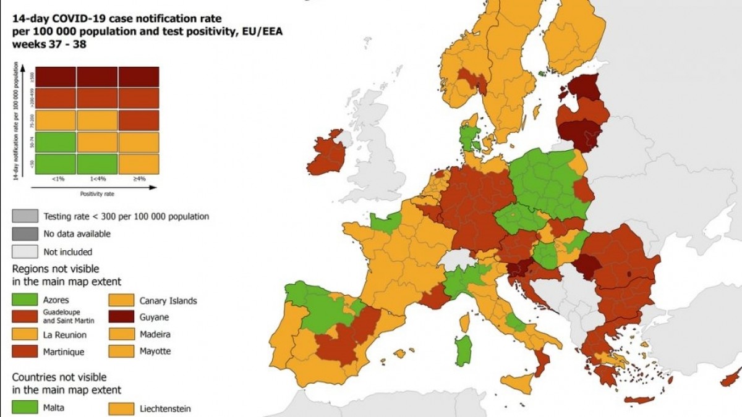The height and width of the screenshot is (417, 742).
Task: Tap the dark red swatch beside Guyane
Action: (x=121, y=317)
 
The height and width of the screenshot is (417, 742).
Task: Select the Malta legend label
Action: (x=54, y=408)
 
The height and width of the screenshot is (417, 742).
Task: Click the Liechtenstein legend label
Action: (x=165, y=408)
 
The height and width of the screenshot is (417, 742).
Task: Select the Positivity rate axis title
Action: (x=96, y=193)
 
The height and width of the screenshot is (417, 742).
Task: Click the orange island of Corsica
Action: (x=464, y=322)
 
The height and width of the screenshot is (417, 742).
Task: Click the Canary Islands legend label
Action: (x=168, y=301)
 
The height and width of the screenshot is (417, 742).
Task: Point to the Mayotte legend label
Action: (x=155, y=351)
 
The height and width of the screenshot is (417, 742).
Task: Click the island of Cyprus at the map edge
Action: (x=732, y=377)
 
